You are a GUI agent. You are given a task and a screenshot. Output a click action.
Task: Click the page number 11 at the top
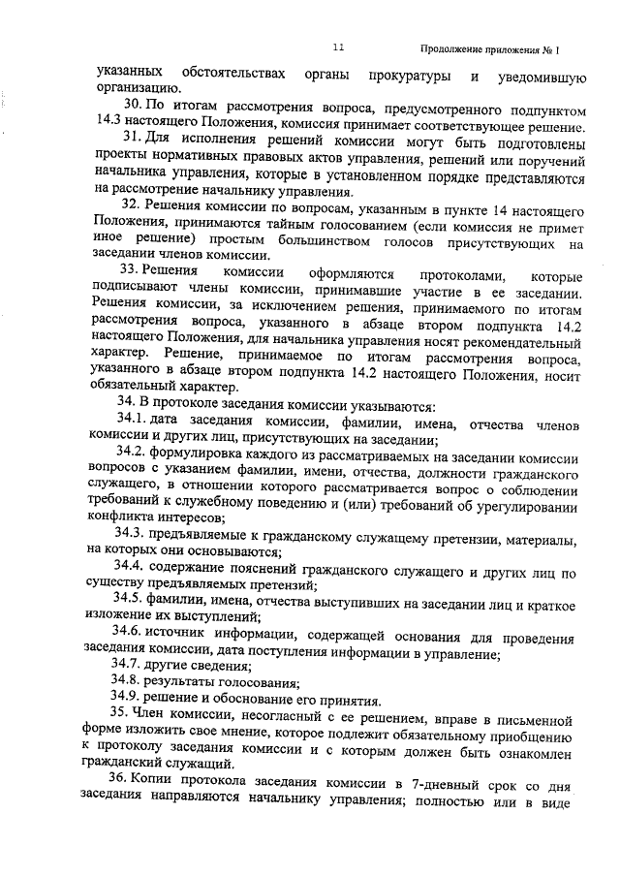click(337, 47)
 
